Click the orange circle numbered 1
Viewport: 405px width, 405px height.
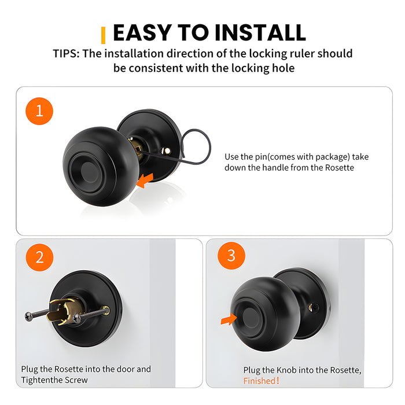click(40, 111)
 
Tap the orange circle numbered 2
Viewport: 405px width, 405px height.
click(40, 257)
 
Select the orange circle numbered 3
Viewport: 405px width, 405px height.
click(231, 256)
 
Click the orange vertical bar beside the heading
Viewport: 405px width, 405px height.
click(103, 35)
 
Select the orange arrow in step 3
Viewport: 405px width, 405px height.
click(230, 318)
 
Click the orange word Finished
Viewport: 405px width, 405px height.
click(260, 381)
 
